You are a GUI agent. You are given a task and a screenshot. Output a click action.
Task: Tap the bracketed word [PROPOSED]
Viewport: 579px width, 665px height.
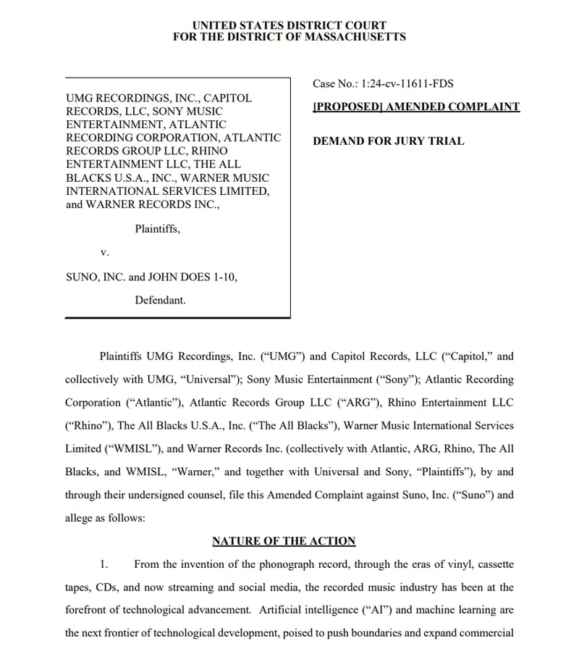tap(347, 106)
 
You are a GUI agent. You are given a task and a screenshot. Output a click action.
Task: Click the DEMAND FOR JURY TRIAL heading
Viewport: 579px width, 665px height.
tap(388, 141)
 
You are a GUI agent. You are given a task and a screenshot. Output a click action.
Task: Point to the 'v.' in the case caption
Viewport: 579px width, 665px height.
tap(104, 252)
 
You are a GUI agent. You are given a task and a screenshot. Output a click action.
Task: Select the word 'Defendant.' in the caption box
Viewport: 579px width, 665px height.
tap(160, 299)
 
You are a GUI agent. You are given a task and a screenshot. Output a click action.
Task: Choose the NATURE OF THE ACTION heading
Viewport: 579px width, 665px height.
tap(284, 541)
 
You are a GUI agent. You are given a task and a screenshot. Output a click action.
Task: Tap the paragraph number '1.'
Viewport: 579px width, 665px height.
tap(104, 564)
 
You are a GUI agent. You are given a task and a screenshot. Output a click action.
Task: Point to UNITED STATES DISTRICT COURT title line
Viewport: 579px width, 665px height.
tap(289, 25)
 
